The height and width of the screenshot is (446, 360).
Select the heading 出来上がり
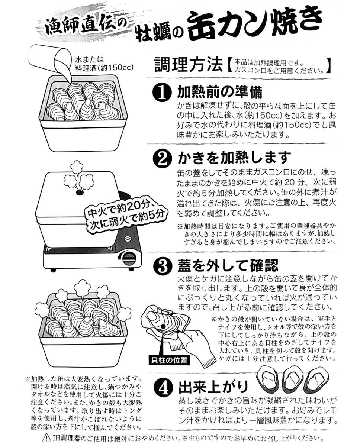(x=213, y=387)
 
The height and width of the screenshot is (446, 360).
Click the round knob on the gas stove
(x=130, y=257)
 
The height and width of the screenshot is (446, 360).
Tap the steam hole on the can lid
(x=79, y=193)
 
